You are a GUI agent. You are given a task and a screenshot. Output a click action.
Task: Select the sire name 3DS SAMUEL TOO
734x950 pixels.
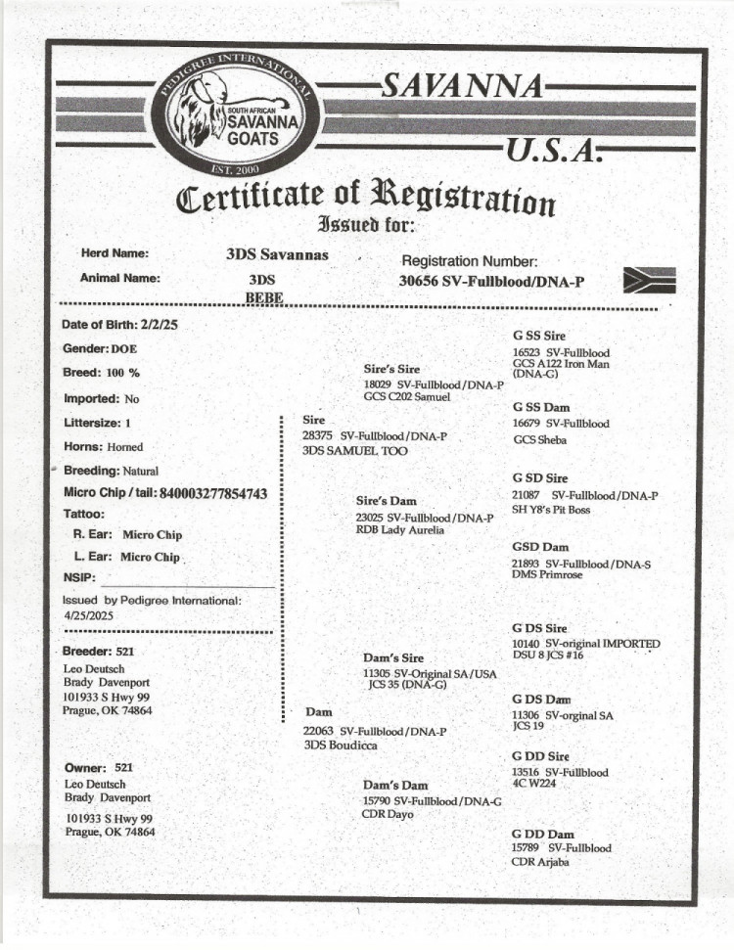point(355,451)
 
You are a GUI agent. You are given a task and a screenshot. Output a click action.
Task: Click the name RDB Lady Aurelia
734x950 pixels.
point(399,530)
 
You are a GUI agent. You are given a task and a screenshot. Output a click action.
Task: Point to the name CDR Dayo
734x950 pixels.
point(389,814)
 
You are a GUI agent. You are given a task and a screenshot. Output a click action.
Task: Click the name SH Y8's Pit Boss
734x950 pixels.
point(551,510)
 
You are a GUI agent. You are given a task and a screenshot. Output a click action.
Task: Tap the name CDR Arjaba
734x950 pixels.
point(540,862)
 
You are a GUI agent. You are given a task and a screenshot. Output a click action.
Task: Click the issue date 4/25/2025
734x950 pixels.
point(89,616)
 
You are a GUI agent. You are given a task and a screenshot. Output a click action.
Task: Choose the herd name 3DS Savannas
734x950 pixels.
point(277,255)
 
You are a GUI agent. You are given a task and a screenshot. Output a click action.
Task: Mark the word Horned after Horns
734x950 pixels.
point(125,447)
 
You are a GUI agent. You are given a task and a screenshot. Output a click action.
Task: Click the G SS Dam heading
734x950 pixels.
point(541,407)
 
